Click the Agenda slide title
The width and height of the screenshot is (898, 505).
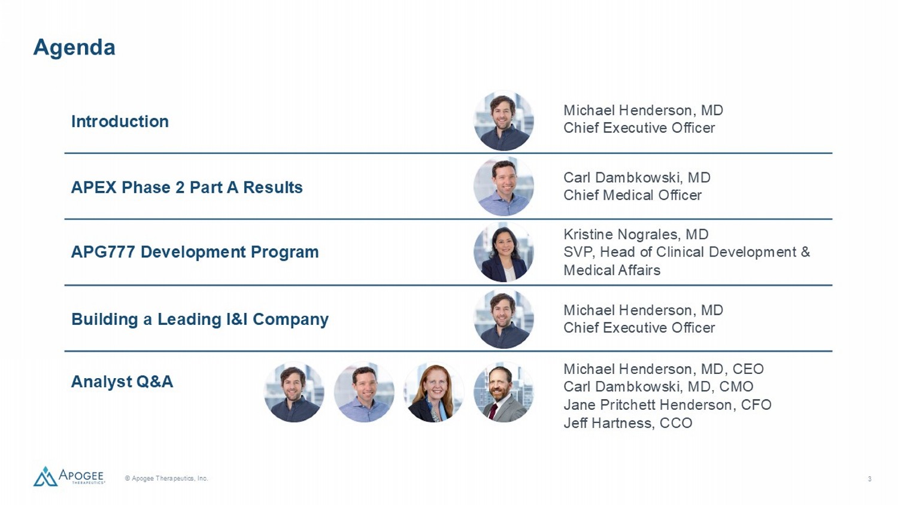click(x=74, y=48)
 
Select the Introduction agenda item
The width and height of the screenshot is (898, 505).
click(x=120, y=121)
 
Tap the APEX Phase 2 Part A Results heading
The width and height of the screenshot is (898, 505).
click(x=187, y=187)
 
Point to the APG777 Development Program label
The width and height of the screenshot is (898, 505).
click(x=195, y=252)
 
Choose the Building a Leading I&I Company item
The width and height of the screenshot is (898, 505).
click(x=200, y=320)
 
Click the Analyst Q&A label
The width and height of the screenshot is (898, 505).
click(x=122, y=382)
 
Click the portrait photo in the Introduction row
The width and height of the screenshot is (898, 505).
click(x=503, y=121)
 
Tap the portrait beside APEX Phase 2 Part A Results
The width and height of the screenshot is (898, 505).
click(x=503, y=186)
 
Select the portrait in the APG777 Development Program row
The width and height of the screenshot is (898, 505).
click(x=503, y=252)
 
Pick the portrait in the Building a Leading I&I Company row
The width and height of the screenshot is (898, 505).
click(x=503, y=319)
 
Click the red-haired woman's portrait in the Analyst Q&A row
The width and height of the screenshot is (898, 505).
click(x=434, y=392)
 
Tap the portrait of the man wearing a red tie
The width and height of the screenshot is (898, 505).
click(x=503, y=392)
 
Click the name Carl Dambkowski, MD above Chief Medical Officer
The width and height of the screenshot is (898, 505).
click(x=637, y=178)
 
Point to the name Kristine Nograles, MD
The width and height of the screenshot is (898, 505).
click(x=636, y=234)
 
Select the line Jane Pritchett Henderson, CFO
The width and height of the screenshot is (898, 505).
click(x=668, y=405)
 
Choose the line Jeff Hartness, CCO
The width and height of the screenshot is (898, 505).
click(x=628, y=423)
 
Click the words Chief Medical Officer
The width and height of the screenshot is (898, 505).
click(x=633, y=195)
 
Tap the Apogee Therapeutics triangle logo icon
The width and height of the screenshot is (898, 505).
click(x=45, y=476)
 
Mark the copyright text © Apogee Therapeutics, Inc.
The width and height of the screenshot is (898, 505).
click(x=166, y=478)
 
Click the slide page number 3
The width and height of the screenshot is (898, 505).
click(x=869, y=479)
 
